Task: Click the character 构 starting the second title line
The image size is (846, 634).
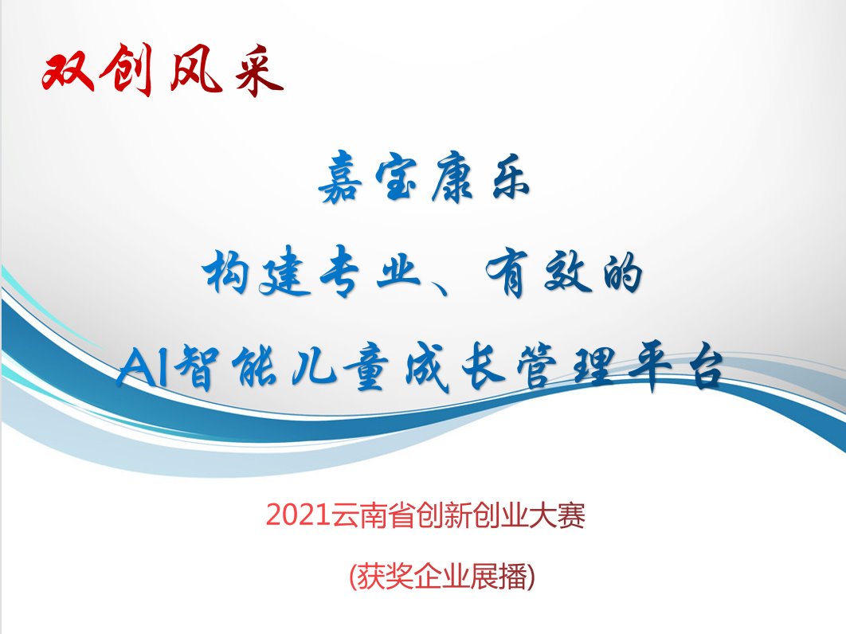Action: [226, 270]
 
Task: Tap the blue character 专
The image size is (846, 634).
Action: [339, 272]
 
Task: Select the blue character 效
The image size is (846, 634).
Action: [566, 272]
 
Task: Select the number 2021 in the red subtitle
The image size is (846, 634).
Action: [298, 515]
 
